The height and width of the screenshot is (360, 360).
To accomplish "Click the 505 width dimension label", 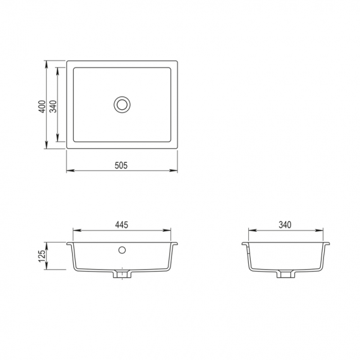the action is pos(121,165).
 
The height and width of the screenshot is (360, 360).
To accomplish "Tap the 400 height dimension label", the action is pos(42,107).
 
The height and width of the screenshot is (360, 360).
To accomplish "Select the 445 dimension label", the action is pos(122,225).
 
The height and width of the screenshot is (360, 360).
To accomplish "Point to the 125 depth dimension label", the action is pos(42,256).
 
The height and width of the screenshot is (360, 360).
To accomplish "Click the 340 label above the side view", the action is pos(285,225).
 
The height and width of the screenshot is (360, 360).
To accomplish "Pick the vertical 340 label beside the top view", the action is pos(53,107).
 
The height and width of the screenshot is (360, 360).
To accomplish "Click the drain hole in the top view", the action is pos(122,105).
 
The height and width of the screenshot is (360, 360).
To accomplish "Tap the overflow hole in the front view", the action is pos(122,250).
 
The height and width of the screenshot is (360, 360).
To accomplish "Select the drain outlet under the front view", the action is pos(122,274).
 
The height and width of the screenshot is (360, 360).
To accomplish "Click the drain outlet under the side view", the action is pos(286,274).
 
